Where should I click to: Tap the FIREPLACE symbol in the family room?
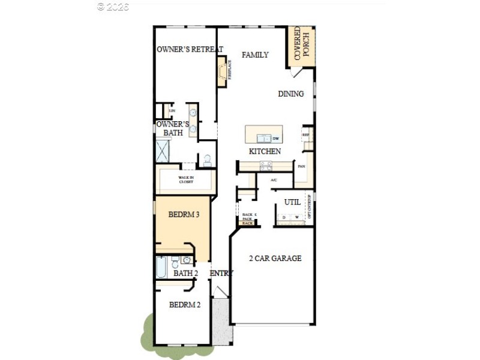223,71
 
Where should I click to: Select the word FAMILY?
255,55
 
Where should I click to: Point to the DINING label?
291,94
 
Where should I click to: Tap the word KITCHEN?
265,151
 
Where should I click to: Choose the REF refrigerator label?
306,135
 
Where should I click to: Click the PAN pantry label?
301,166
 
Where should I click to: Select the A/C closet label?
274,179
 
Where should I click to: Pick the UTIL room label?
292,202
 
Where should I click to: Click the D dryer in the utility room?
284,217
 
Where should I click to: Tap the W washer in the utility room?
296,217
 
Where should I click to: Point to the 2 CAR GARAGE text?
275,259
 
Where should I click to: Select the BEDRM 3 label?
184,214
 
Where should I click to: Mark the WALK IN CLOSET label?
185,179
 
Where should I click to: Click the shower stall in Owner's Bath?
163,150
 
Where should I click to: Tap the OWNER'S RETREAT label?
190,49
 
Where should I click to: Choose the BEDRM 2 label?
184,305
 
